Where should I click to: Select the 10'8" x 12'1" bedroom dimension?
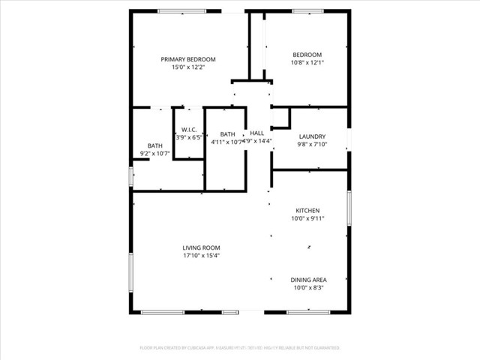tap(307, 62)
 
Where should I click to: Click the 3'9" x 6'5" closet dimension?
tap(187, 137)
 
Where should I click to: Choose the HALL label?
tap(256, 133)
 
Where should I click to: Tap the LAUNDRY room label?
tap(311, 136)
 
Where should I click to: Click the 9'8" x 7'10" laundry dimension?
tap(311, 144)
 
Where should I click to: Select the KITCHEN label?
tap(307, 211)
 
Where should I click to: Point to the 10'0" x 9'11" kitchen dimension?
tap(307, 219)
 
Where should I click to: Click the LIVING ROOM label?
tap(201, 247)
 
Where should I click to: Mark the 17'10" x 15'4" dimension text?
tap(201, 256)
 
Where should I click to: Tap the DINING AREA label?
tap(308, 280)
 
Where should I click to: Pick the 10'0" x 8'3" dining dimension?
tap(308, 288)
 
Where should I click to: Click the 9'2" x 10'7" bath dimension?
tap(155, 154)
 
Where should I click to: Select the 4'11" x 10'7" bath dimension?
tap(227, 142)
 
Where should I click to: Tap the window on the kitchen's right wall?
tap(349, 217)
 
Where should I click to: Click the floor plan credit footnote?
tap(240, 348)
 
